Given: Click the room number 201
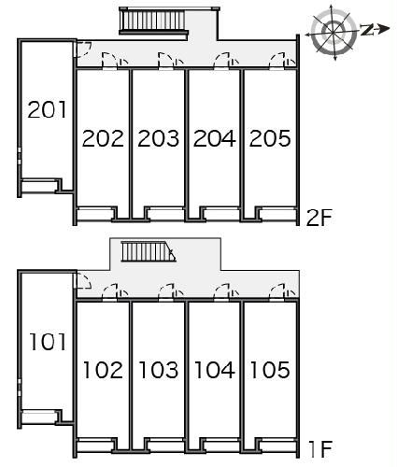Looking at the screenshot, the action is point(48,109).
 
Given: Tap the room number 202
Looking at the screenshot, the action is point(103,138).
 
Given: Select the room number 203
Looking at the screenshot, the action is point(159,138).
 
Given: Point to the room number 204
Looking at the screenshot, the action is point(215,138).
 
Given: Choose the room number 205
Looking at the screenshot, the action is point(270,138).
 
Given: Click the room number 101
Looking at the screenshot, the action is point(48,342).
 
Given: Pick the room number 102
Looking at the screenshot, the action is point(103,370).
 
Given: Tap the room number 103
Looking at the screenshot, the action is point(159,370).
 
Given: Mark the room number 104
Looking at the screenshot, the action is point(215,370).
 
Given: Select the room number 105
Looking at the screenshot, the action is point(270,370).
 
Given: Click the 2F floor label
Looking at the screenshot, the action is point(319,218).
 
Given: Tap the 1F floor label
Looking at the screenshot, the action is point(320,449).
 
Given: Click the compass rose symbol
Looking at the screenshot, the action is point(333,32).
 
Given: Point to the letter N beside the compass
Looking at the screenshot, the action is point(367,29).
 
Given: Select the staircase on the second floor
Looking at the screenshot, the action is point(154,21).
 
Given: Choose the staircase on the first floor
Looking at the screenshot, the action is point(149,251).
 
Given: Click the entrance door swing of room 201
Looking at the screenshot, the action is point(82,50).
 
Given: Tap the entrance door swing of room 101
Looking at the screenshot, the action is point(83,280).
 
